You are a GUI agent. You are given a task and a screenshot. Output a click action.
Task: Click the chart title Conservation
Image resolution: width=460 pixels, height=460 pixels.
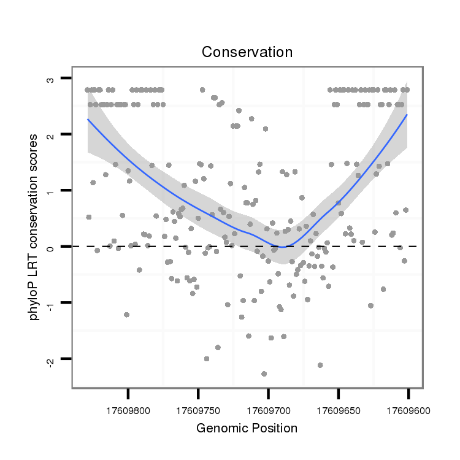(x=247, y=52)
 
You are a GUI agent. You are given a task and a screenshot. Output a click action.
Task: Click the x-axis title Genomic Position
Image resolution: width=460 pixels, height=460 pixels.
(x=247, y=428)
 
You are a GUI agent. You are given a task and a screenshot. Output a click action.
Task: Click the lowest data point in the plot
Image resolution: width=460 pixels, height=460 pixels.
(x=264, y=374)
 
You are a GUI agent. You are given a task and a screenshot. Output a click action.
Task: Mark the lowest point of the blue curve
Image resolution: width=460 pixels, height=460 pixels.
(x=280, y=247)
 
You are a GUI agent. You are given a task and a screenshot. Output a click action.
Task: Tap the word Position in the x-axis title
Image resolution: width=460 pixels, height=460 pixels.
(x=275, y=428)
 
